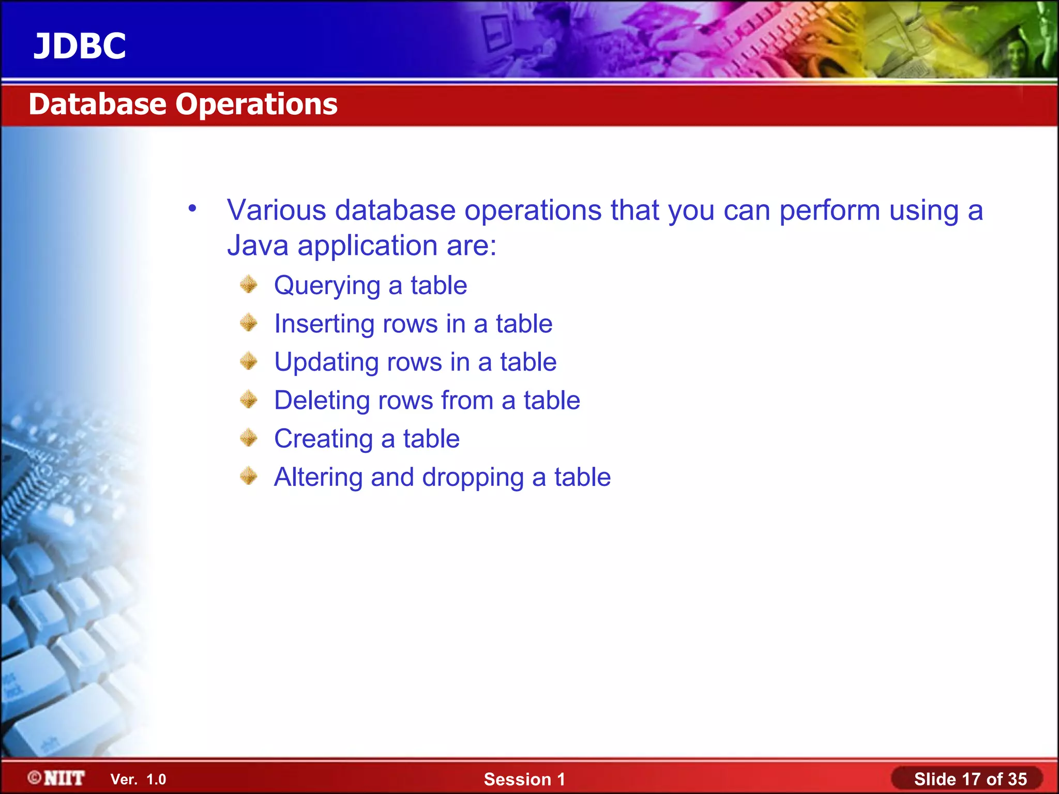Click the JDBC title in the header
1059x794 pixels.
pos(80,47)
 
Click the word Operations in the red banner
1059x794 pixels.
pos(256,105)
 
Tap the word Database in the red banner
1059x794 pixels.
pos(97,104)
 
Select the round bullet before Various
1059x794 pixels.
pos(192,209)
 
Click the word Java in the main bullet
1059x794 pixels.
pos(258,245)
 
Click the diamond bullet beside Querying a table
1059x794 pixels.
pos(249,284)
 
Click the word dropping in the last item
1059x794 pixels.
pos(473,478)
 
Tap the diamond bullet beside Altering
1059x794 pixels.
pos(249,476)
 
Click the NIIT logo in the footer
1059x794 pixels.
pos(56,778)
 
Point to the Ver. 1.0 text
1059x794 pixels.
pos(138,780)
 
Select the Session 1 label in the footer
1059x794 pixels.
pos(524,779)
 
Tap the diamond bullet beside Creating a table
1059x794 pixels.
pos(249,438)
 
